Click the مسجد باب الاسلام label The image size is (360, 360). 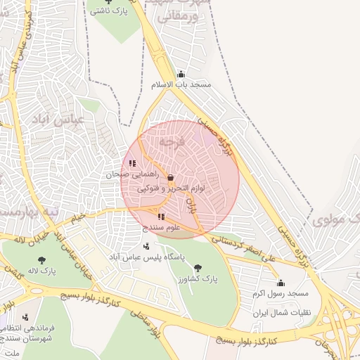[x=181, y=84]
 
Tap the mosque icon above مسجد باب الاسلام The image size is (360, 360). [x=181, y=74]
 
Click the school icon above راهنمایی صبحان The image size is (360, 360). [x=132, y=163]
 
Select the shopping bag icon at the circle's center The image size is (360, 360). [x=171, y=178]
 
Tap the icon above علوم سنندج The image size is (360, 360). [x=161, y=217]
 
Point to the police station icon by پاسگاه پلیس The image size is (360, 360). [x=146, y=247]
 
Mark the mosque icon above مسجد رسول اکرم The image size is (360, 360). [x=281, y=283]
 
